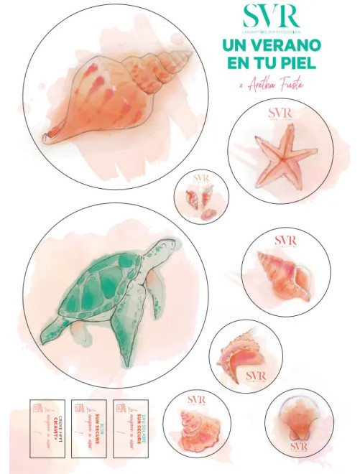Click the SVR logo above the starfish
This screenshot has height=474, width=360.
click(x=280, y=113)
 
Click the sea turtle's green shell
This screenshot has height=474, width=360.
click(x=98, y=291)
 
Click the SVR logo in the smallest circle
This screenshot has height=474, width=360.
click(x=200, y=177)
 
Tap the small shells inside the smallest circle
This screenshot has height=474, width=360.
click(x=199, y=199)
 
